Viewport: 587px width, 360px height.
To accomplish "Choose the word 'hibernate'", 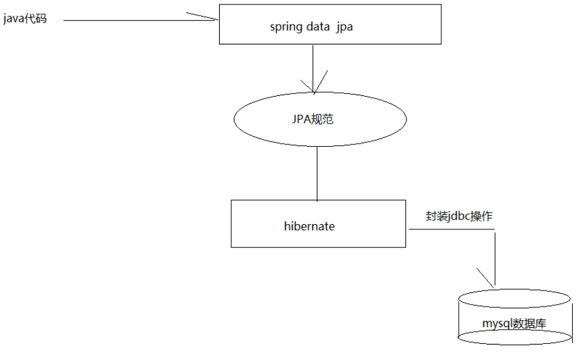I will [x=309, y=227].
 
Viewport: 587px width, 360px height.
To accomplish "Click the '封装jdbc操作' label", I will [x=459, y=216].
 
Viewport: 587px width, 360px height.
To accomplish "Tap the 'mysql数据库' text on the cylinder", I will [x=514, y=324].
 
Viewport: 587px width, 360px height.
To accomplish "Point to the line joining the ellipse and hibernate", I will [x=318, y=173].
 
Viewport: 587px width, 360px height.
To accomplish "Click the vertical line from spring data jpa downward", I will [x=313, y=64].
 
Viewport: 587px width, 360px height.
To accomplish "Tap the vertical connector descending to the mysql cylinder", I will [x=495, y=258].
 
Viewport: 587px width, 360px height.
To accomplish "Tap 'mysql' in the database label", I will [x=496, y=325].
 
